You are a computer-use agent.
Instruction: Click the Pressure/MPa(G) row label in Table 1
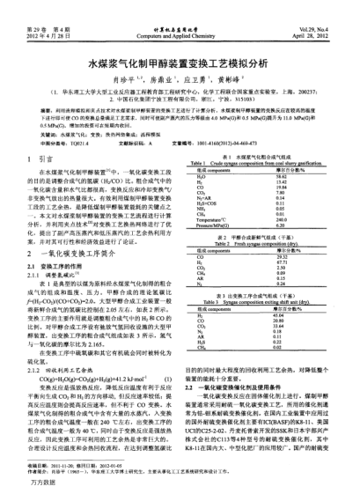tap(217, 226)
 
